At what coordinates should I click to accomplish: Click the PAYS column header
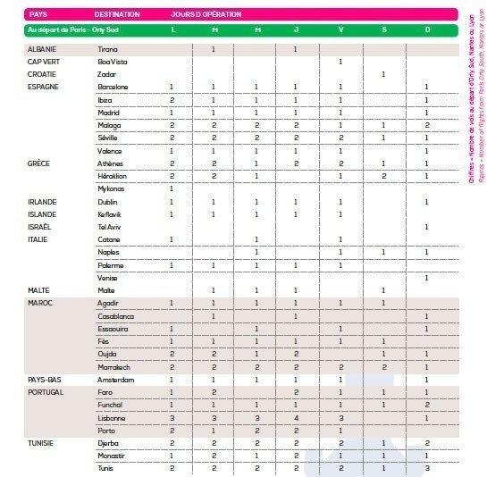(38, 14)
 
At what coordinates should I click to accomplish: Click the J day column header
(296, 29)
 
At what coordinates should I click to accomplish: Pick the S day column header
(384, 29)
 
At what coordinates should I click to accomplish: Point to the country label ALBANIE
(43, 48)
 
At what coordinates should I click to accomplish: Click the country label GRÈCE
(38, 163)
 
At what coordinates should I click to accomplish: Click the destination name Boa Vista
(114, 61)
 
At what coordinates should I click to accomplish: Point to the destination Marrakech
(115, 367)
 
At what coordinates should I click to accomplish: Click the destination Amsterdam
(116, 380)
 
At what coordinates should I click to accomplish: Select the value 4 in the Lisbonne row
(296, 417)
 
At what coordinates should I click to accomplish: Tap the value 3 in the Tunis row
(428, 468)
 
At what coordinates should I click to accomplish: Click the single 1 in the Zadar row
(384, 74)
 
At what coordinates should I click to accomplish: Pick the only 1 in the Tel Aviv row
(428, 227)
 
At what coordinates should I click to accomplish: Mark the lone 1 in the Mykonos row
(172, 188)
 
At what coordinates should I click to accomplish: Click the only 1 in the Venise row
(428, 278)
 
